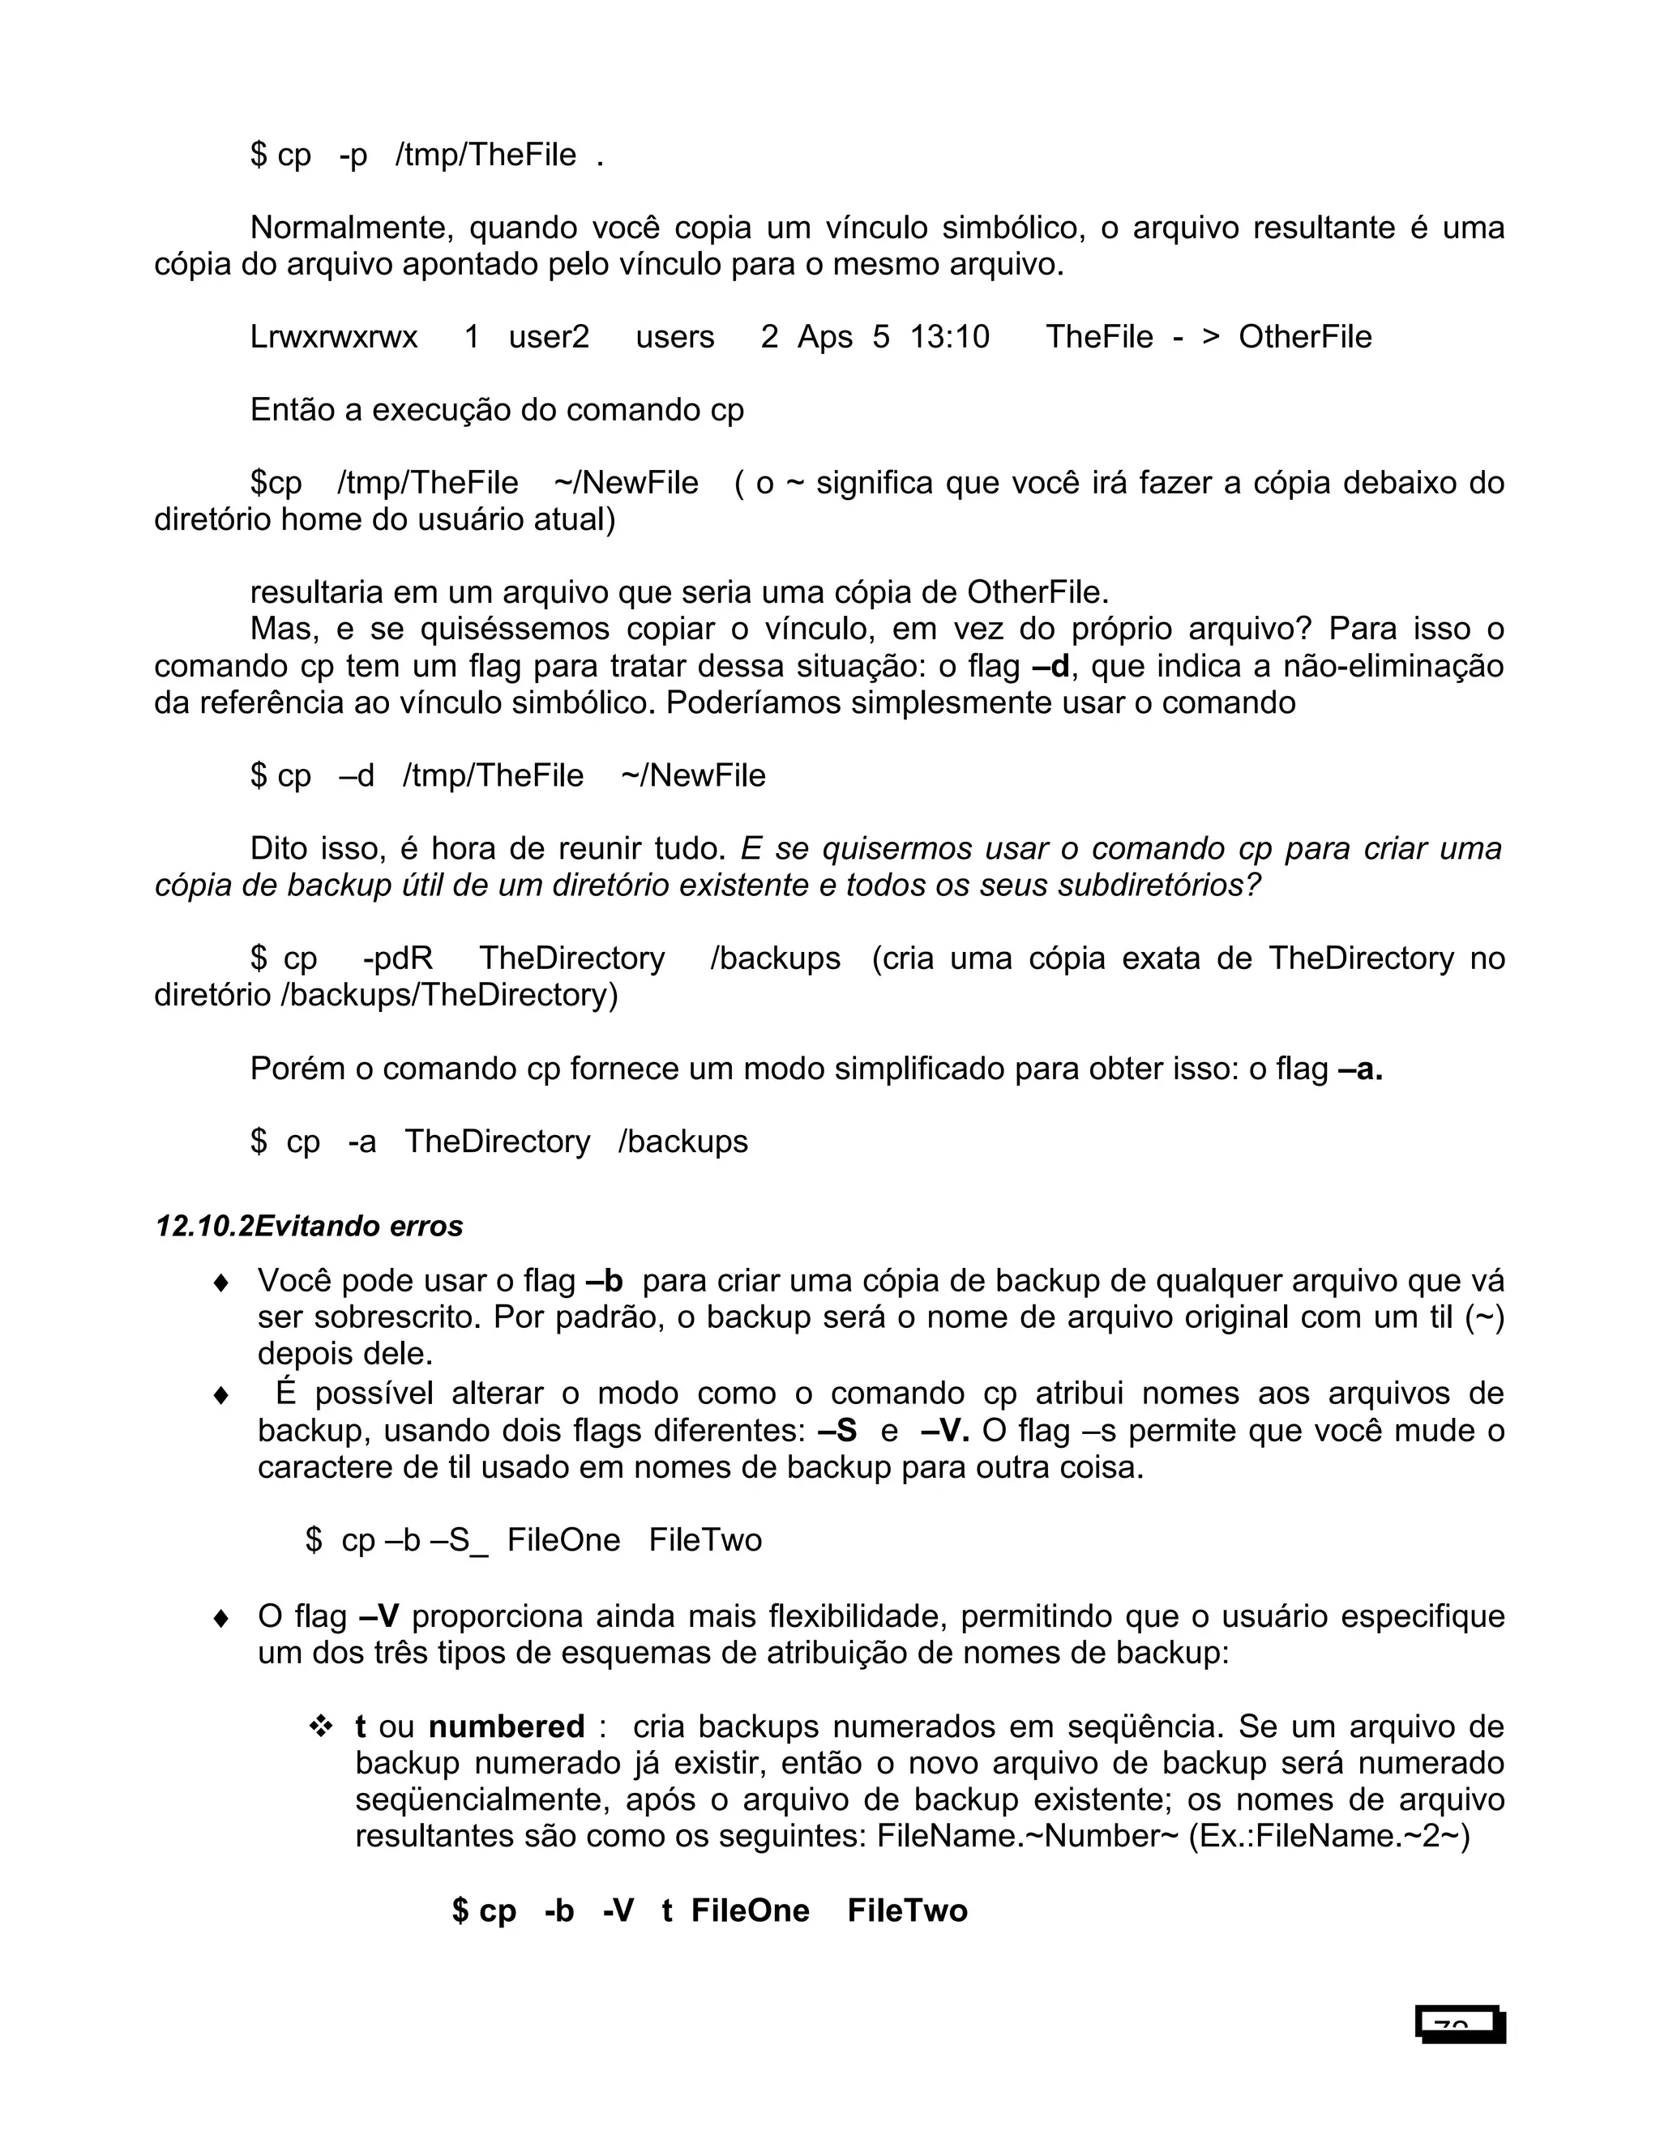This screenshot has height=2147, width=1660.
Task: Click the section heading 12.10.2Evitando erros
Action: (x=310, y=1226)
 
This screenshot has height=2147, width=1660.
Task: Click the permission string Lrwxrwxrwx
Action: (x=335, y=337)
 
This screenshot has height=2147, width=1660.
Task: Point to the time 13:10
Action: (x=949, y=337)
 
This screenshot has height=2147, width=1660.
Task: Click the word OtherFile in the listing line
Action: (x=1305, y=337)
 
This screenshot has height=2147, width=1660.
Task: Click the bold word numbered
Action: (x=507, y=1727)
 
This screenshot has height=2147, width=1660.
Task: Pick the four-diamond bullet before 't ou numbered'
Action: (x=321, y=1727)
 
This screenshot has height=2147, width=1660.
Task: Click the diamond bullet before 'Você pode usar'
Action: (x=221, y=1283)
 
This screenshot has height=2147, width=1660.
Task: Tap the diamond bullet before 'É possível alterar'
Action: (x=221, y=1395)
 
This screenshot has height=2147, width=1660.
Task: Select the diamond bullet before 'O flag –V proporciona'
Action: (x=221, y=1618)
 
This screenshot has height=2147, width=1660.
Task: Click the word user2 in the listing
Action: (x=549, y=337)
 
